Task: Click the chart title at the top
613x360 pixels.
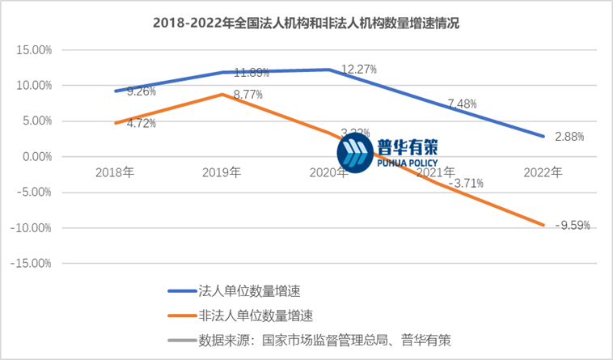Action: (x=306, y=23)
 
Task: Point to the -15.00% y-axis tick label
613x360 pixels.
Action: (x=33, y=263)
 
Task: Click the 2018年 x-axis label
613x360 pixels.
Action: (x=115, y=172)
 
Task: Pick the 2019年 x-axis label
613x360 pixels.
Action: (x=222, y=172)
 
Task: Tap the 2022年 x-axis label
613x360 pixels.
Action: (x=542, y=172)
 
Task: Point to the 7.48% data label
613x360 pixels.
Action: (x=461, y=104)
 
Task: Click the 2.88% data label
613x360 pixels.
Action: (x=569, y=137)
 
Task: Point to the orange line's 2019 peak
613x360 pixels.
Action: (x=222, y=95)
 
